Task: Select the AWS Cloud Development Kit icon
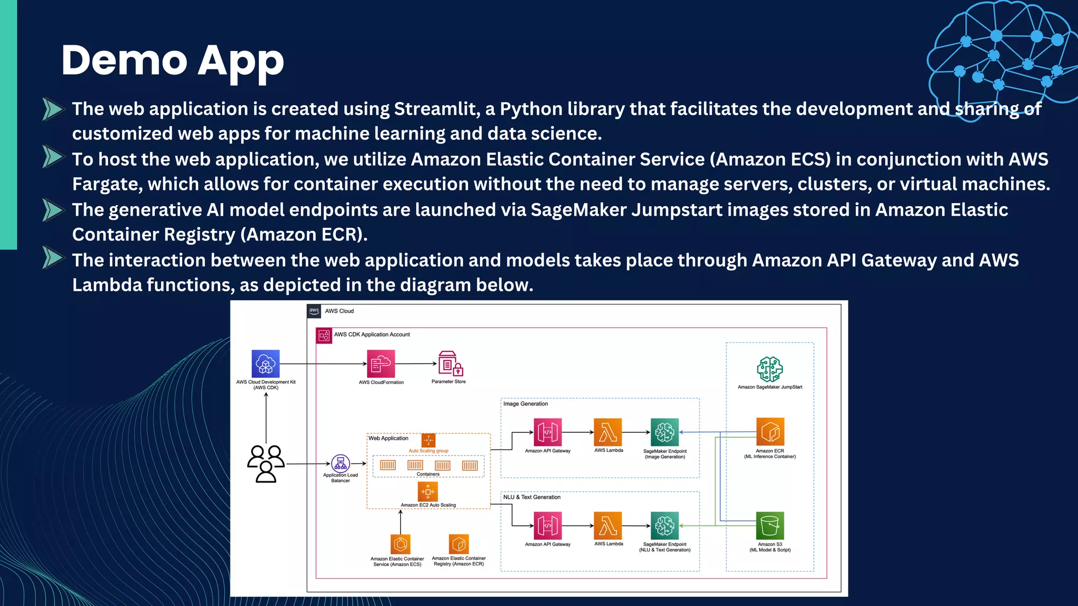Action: pyautogui.click(x=265, y=363)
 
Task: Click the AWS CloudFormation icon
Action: pyautogui.click(x=381, y=363)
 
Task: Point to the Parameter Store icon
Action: pyautogui.click(x=450, y=363)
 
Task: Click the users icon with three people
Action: pyautogui.click(x=266, y=463)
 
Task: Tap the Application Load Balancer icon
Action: pyautogui.click(x=341, y=463)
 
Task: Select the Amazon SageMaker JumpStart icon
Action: pyautogui.click(x=770, y=369)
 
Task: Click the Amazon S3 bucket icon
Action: pyautogui.click(x=770, y=526)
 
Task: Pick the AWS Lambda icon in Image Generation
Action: pyautogui.click(x=608, y=432)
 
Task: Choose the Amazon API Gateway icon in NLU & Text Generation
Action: pyautogui.click(x=547, y=526)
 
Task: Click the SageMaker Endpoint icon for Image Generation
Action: pyautogui.click(x=664, y=432)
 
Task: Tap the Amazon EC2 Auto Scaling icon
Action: pyautogui.click(x=428, y=492)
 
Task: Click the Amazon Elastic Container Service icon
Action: pyautogui.click(x=400, y=544)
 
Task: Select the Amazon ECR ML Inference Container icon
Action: pyautogui.click(x=770, y=432)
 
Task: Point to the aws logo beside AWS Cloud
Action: pyautogui.click(x=314, y=311)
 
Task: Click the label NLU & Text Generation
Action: pyautogui.click(x=532, y=497)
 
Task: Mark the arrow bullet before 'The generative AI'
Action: pyautogui.click(x=53, y=210)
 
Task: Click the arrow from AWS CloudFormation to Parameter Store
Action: pyautogui.click(x=416, y=363)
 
